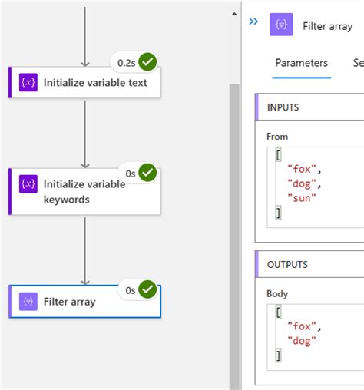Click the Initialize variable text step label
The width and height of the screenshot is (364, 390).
click(95, 82)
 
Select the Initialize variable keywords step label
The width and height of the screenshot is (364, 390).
click(84, 192)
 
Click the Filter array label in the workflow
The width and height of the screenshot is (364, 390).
click(70, 302)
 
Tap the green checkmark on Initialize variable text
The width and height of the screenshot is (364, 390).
click(147, 62)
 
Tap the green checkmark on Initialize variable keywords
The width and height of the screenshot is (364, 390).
click(147, 174)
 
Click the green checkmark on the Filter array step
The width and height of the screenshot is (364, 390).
click(147, 290)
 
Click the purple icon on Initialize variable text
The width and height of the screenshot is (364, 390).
click(28, 82)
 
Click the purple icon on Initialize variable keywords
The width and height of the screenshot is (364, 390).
click(28, 184)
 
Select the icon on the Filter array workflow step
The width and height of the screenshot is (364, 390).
click(28, 302)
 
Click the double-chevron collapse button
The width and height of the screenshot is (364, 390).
click(254, 22)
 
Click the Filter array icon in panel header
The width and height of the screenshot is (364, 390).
click(281, 25)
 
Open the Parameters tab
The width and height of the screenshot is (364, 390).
click(301, 63)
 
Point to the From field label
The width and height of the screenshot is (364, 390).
click(277, 137)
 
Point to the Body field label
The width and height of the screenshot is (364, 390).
click(278, 293)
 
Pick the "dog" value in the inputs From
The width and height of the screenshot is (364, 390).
click(302, 184)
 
